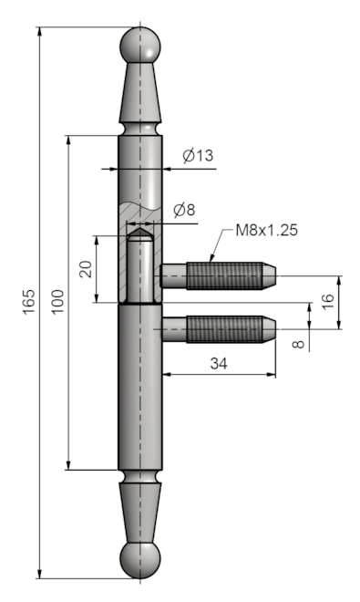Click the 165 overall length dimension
29,301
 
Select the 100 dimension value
58,302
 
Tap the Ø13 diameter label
198,155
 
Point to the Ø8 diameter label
184,210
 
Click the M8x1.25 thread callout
266,230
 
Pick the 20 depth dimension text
86,269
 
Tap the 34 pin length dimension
219,363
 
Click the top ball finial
140,46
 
